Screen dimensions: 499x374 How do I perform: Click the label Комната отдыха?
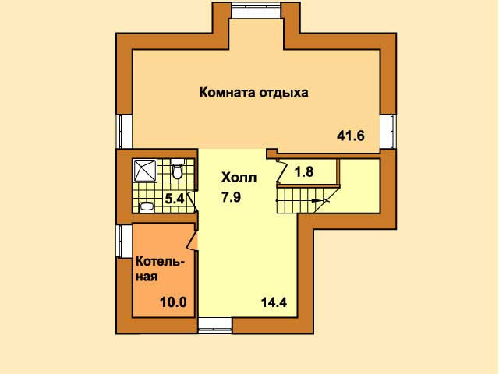tap(253, 93)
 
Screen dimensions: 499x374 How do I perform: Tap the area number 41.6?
tap(351, 136)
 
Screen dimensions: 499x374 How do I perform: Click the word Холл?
tap(239, 178)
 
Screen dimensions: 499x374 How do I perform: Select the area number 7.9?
tap(232, 197)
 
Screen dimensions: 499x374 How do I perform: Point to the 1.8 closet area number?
tap(304, 171)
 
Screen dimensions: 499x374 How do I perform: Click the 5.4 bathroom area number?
tap(175, 199)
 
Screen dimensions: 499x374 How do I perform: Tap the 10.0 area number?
tap(173, 302)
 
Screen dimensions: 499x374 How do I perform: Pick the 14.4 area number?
tap(274, 302)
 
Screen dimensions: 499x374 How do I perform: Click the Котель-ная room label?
tap(161, 270)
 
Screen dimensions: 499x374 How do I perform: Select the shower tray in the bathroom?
tap(145, 171)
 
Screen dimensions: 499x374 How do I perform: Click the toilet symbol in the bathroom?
tap(177, 169)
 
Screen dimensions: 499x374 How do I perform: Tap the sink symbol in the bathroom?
tap(147, 207)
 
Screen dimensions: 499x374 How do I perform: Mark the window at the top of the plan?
tap(257, 10)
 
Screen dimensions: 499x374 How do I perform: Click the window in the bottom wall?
tap(215, 325)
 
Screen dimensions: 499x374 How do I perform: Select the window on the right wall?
tap(388, 132)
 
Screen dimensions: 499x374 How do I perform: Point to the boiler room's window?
tap(124, 241)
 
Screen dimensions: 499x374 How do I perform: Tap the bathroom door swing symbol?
tap(192, 201)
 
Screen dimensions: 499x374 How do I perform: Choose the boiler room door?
tap(193, 239)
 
